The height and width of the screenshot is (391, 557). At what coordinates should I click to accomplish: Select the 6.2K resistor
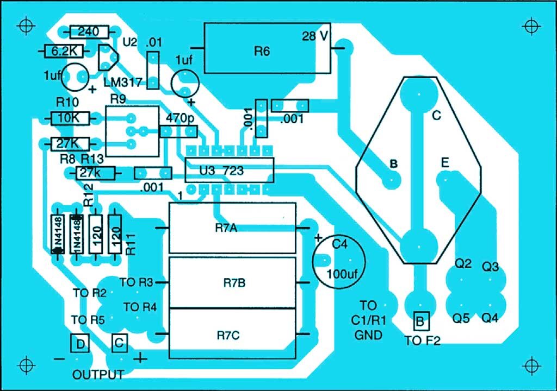(64, 52)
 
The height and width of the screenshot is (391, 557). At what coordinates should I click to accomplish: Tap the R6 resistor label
(262, 52)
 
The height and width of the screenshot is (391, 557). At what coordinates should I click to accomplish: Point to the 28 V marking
(315, 36)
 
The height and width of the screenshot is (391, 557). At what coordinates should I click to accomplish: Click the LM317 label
(123, 83)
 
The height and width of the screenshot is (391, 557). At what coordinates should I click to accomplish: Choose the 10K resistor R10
(70, 118)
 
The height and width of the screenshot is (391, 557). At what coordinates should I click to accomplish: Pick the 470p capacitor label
(180, 118)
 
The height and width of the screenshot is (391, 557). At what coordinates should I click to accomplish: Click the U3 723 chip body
(230, 171)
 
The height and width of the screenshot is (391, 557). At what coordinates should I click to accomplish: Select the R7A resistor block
(232, 228)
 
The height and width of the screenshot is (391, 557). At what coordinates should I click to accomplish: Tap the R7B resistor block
(232, 282)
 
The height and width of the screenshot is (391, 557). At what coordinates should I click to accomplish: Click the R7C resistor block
(232, 333)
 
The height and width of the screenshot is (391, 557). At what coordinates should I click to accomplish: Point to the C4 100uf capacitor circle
(339, 261)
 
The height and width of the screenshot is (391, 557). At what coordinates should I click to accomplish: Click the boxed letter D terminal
(81, 343)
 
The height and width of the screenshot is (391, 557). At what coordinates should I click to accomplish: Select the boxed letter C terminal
(119, 343)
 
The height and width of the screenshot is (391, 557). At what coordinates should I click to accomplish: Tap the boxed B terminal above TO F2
(420, 321)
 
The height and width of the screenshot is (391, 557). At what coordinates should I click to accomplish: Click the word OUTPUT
(98, 375)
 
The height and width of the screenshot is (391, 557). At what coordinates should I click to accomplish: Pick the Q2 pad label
(463, 263)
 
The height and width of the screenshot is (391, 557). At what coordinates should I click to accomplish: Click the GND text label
(368, 335)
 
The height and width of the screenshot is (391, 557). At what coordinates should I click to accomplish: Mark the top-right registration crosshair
(532, 26)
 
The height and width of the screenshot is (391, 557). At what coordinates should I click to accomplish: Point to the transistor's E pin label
(445, 162)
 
